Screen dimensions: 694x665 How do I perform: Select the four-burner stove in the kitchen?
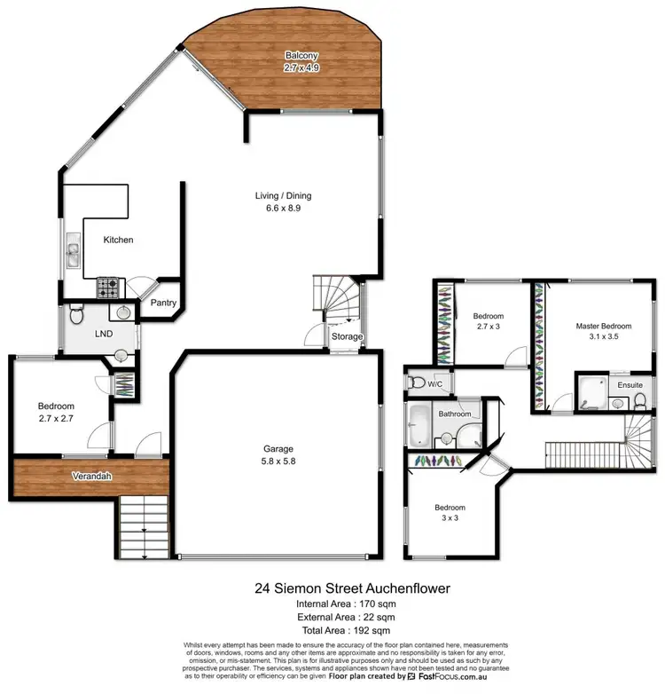pos(108,288)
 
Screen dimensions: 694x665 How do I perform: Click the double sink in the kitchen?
pos(71,256)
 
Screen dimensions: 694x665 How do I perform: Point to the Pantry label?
pos(164,303)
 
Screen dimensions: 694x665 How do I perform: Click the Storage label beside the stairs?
pos(347,336)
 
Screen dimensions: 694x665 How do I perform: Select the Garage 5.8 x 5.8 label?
pos(278,454)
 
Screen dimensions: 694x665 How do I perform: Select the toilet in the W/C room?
pos(417,382)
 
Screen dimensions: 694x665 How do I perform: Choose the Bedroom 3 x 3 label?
pos(450,514)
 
